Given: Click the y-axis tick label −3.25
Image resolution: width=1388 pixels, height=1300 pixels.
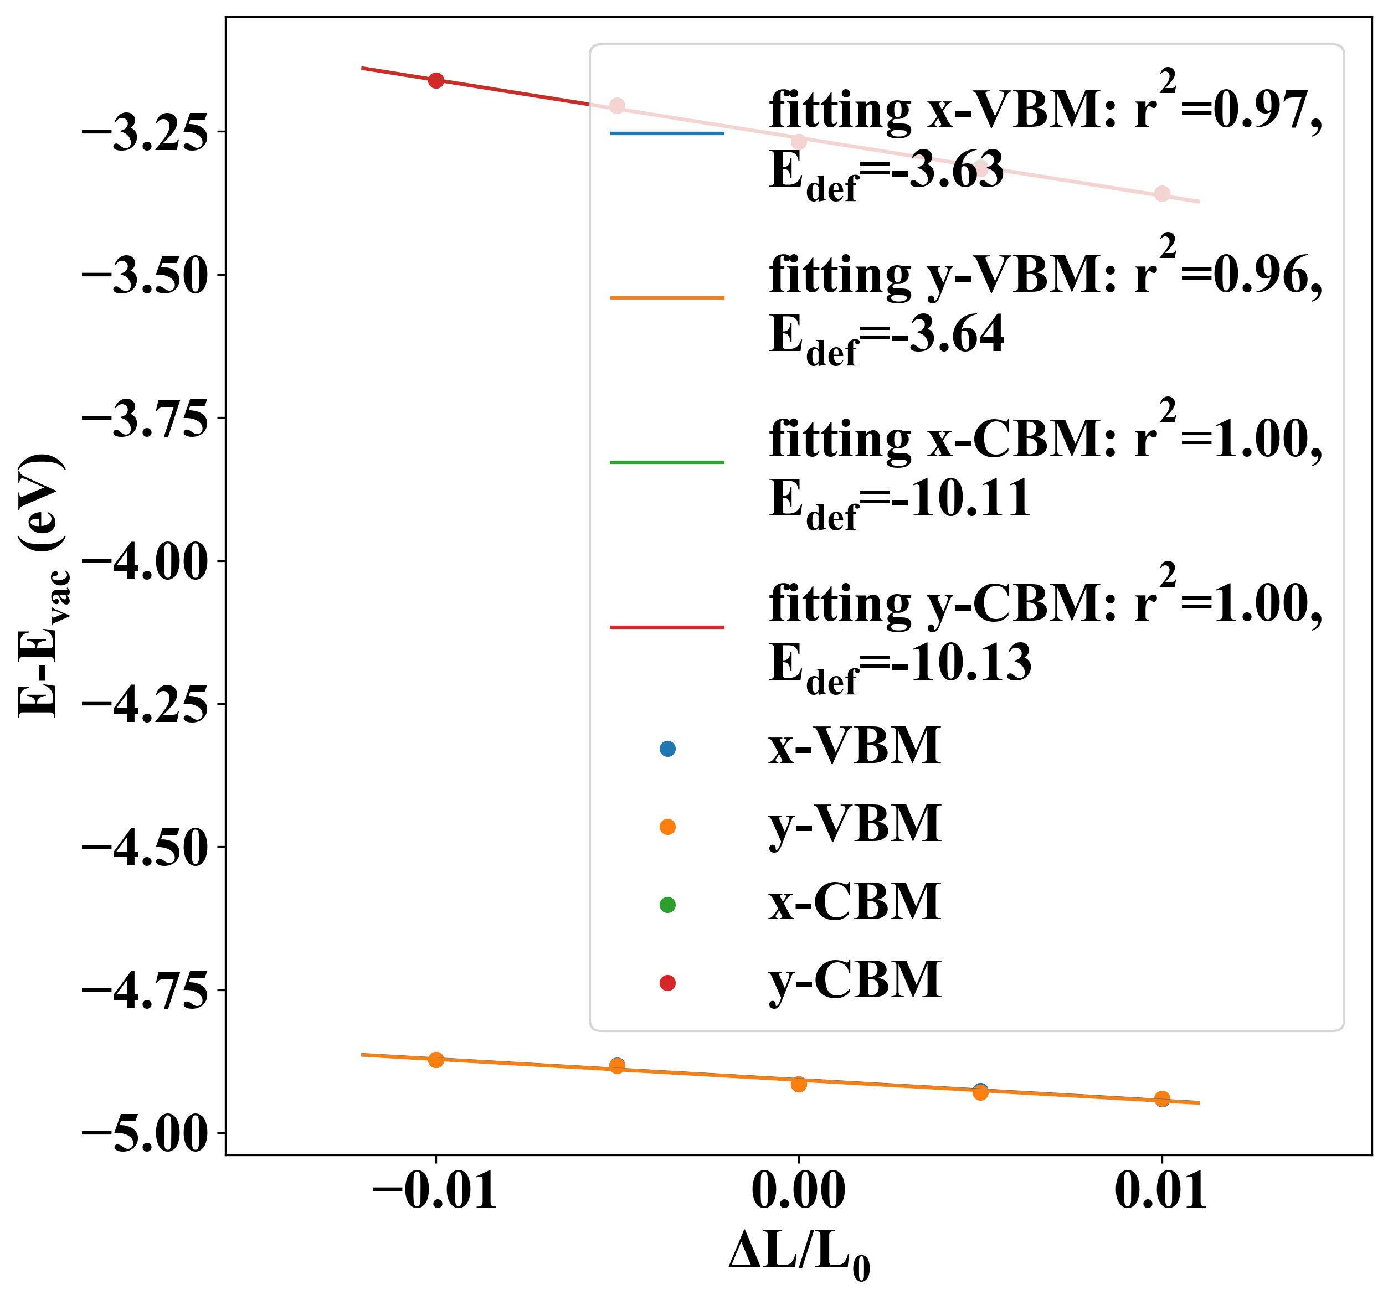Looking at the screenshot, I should tap(145, 132).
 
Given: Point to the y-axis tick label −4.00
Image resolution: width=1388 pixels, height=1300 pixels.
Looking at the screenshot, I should tap(145, 562).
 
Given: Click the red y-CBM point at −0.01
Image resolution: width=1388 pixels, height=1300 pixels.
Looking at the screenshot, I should tap(436, 80).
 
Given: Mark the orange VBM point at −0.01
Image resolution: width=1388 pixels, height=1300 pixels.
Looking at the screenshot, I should tap(436, 1059).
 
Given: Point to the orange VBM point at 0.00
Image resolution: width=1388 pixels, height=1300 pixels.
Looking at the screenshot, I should tap(799, 1084).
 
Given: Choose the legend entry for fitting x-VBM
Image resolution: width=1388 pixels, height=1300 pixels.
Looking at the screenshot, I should tap(1045, 110).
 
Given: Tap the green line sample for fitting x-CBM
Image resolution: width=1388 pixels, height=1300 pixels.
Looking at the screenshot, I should tap(667, 462).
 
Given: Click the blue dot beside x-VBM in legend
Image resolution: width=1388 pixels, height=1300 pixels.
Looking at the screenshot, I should tap(667, 749).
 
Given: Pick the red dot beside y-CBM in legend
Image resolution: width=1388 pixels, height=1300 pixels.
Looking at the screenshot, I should tap(667, 983).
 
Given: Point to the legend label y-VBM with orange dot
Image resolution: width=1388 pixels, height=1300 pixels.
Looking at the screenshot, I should tap(855, 826).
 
